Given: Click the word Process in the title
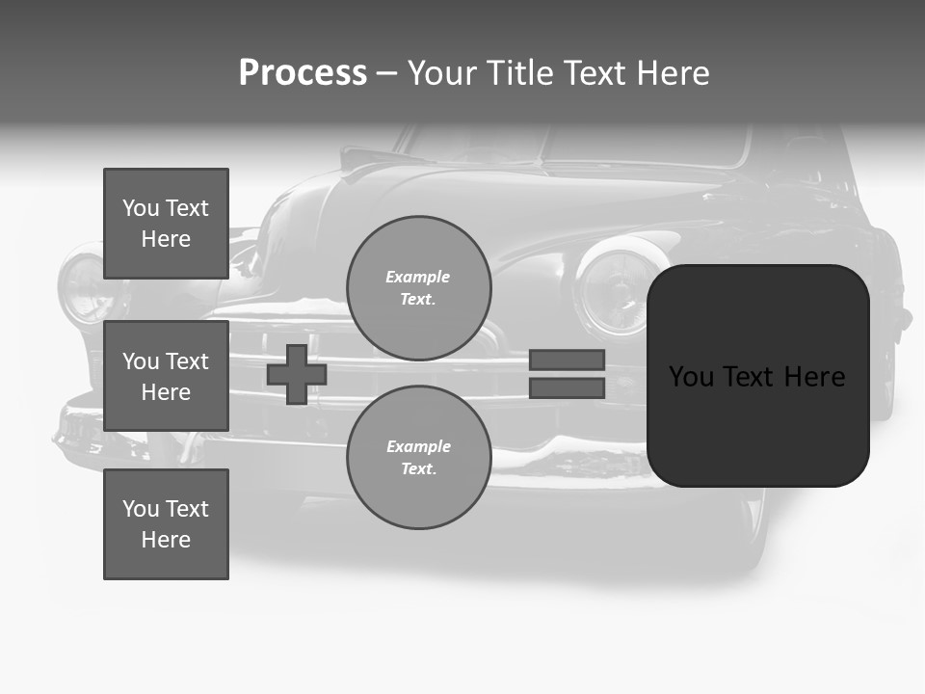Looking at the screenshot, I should click(x=303, y=73).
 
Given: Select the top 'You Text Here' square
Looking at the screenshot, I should click(x=166, y=224).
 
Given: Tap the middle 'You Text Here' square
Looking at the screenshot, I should click(x=166, y=376).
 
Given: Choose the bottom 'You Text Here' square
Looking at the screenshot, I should click(x=166, y=524).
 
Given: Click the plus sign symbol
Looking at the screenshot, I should click(x=297, y=374).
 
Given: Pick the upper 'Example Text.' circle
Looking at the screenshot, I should click(x=418, y=287).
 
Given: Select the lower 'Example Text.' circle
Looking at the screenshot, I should click(x=418, y=457).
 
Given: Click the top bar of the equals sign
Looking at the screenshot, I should click(x=567, y=360).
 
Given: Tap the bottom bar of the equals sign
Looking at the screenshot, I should click(x=567, y=388).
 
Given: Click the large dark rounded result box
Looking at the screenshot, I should click(x=757, y=376).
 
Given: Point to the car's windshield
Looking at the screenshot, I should click(x=578, y=145).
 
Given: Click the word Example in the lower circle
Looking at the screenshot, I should click(x=418, y=446).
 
